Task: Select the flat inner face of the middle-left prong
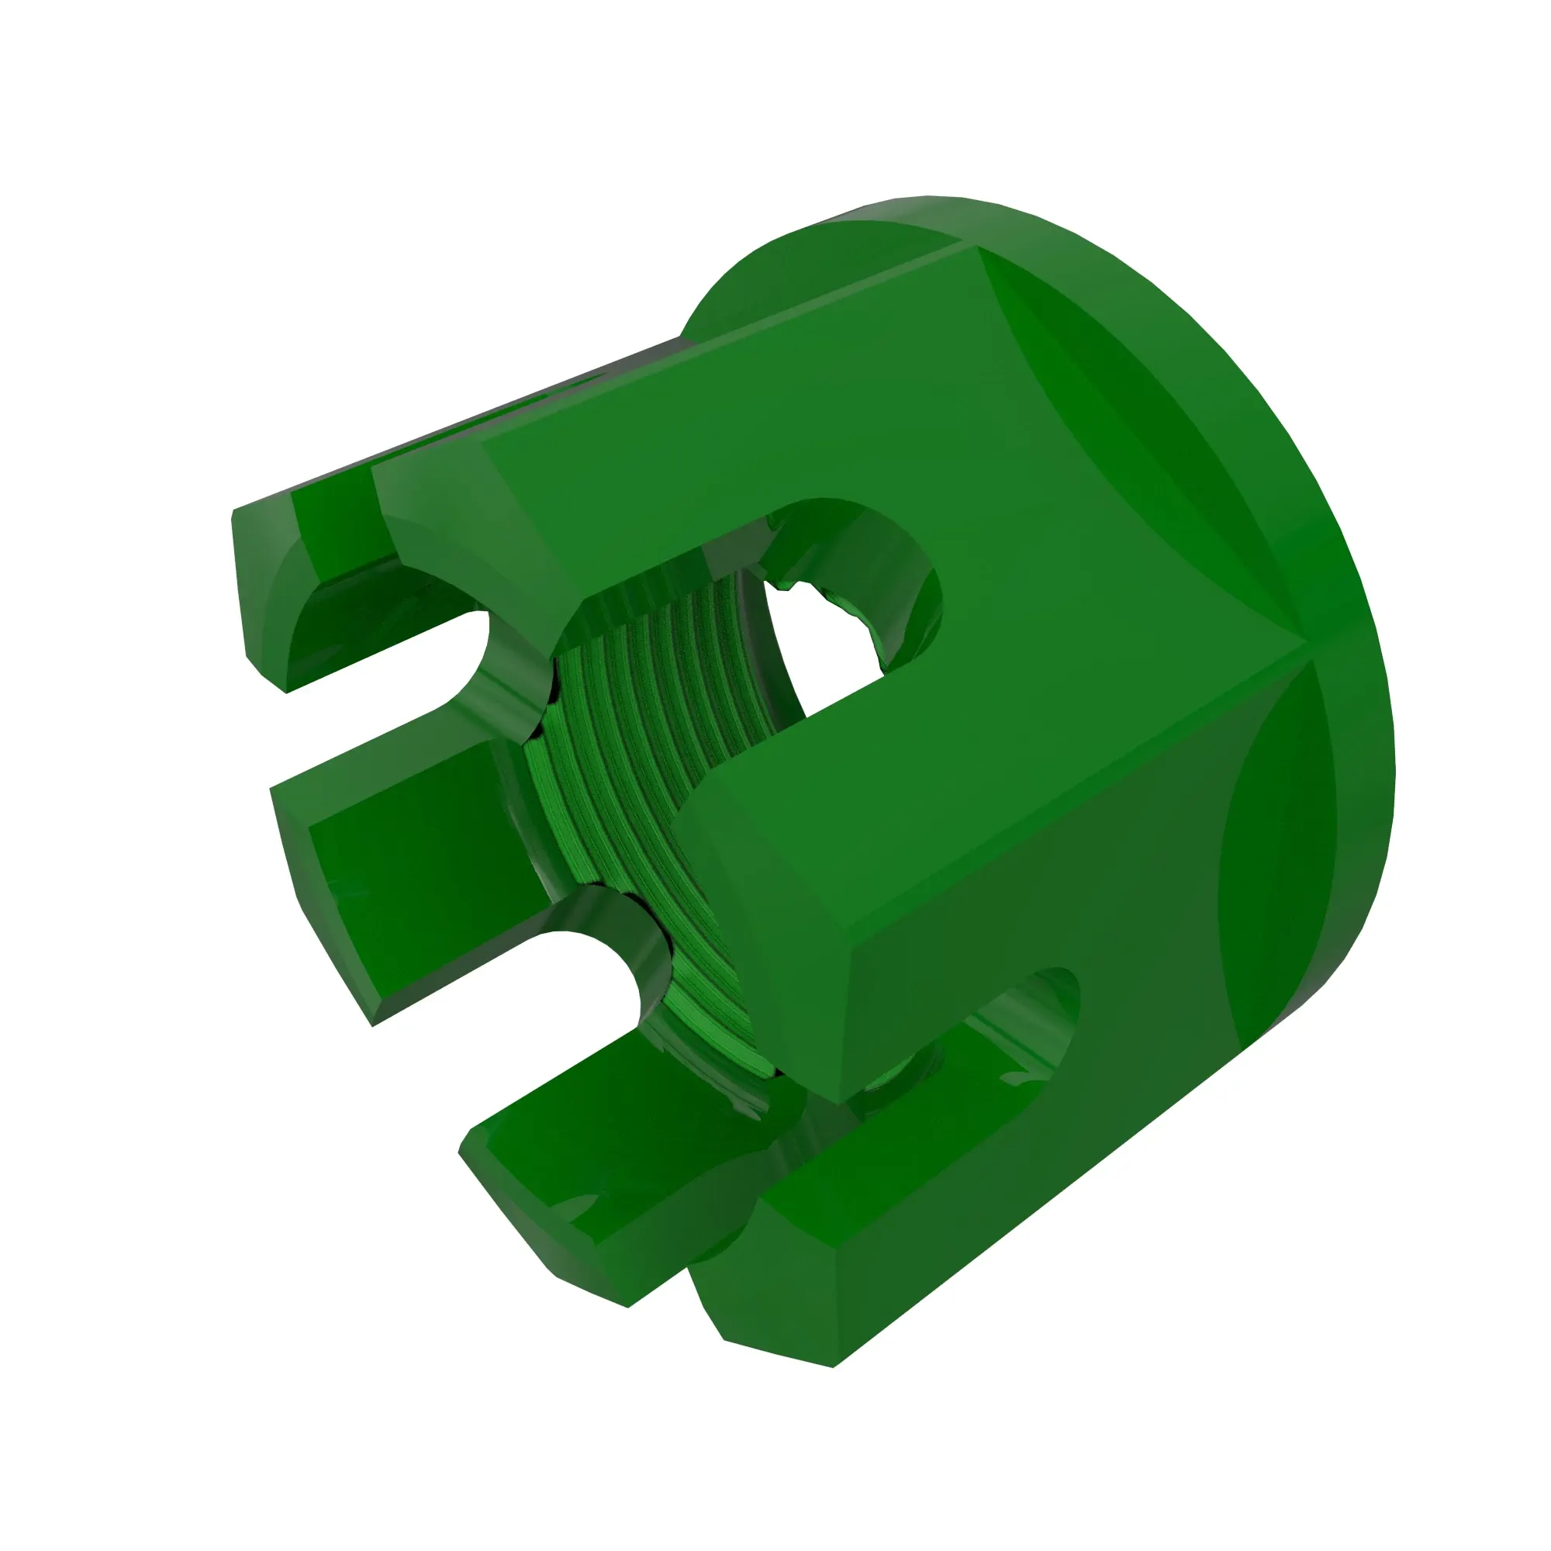coord(402,875)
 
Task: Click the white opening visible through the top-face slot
coord(827,642)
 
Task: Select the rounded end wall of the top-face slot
coord(899,578)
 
